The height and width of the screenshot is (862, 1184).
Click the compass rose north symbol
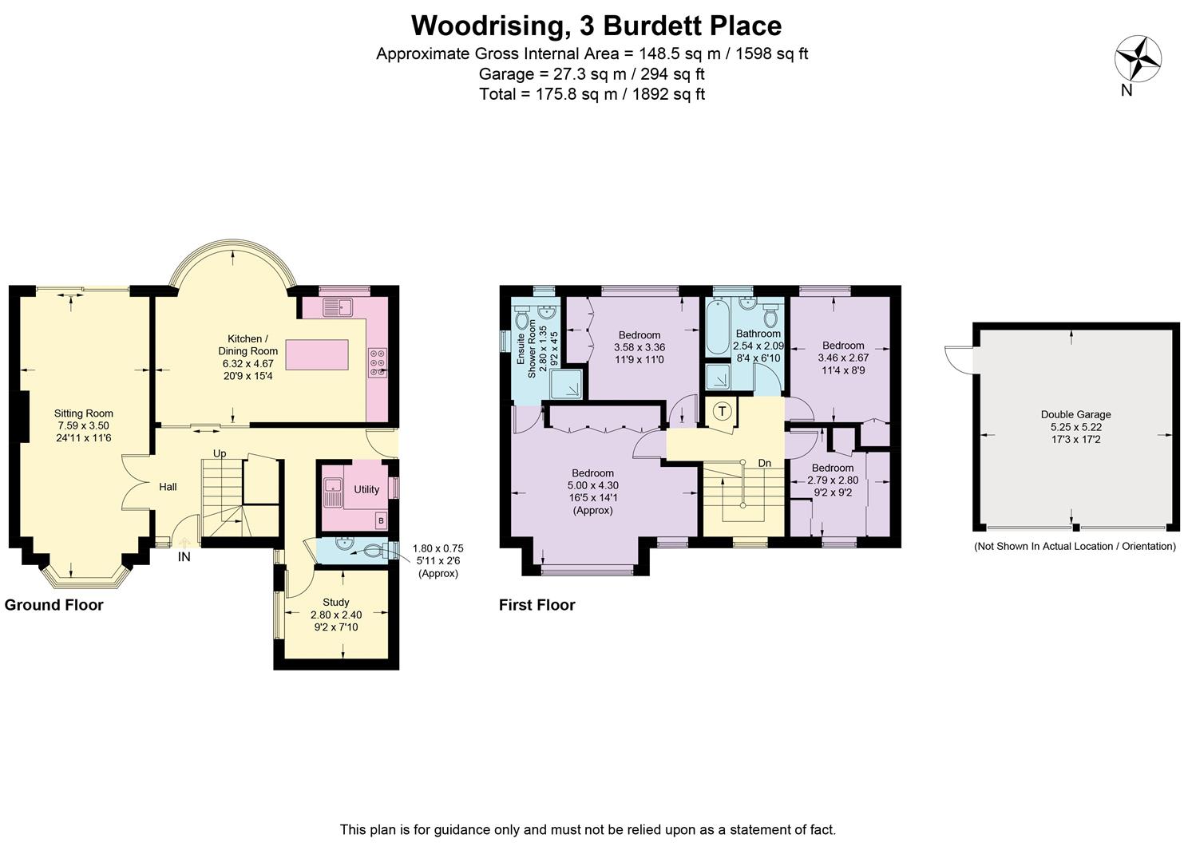point(1137,58)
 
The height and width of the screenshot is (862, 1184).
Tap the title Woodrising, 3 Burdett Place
point(596,26)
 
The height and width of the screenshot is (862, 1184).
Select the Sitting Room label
point(83,413)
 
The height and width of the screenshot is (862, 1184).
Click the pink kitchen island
point(318,354)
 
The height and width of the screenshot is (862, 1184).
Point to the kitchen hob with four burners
point(377,362)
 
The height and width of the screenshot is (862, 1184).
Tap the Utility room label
point(366,489)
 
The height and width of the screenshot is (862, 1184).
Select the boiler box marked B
point(381,521)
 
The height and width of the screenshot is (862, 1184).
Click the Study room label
point(335,603)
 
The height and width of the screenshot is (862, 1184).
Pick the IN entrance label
point(184,557)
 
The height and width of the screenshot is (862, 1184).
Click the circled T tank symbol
point(722,412)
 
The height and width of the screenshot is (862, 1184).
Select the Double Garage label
point(1075,414)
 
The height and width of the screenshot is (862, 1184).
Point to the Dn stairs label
point(764,463)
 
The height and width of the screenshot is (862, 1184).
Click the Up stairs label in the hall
point(220,453)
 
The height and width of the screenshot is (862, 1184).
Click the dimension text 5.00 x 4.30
point(592,485)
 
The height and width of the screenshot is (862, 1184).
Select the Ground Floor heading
point(54,605)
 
